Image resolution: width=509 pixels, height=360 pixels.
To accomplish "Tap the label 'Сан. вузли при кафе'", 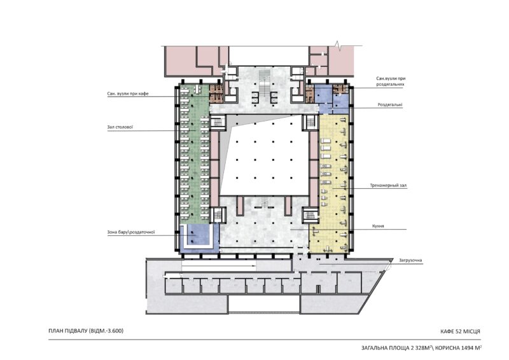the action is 128,93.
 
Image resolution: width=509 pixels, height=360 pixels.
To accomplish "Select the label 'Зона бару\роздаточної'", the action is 131,232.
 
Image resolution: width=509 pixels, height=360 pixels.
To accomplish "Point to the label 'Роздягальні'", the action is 389,105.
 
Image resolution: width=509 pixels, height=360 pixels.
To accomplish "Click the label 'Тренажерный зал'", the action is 388,186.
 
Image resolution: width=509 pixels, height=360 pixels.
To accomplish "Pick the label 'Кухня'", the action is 378,226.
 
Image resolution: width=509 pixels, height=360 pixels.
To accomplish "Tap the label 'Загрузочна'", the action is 410,260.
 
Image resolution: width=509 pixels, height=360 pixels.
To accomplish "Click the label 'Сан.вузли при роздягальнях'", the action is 391,81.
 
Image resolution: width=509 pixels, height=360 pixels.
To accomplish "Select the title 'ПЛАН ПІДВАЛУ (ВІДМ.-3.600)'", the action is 86,331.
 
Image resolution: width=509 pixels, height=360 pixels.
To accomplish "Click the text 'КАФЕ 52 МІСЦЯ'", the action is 460,331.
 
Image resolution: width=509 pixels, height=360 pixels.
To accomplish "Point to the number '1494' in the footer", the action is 465,348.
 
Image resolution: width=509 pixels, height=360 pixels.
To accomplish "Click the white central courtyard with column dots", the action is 265,156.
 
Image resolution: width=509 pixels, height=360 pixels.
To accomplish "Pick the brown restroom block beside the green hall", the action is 216,94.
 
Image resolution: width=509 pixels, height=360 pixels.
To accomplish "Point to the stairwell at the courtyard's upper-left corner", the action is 218,122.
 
